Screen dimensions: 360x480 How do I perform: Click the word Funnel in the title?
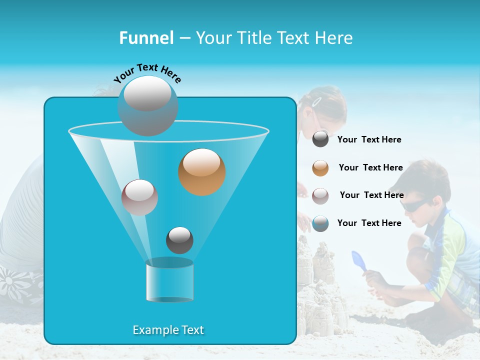click(146, 38)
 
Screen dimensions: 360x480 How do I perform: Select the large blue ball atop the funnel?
click(148, 105)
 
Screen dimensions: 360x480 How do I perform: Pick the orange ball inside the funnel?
click(202, 172)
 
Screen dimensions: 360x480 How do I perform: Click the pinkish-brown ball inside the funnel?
click(139, 197)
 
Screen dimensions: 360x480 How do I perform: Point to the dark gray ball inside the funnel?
click(179, 240)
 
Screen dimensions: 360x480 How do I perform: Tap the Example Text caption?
click(168, 330)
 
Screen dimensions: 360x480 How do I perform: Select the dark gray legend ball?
click(320, 139)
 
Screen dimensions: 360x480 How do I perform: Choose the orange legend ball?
click(320, 168)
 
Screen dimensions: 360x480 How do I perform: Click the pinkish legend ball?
click(320, 195)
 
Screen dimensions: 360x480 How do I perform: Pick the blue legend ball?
click(320, 223)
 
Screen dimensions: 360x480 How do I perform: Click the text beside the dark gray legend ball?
click(369, 139)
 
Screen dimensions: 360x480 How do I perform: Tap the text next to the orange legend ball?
click(370, 167)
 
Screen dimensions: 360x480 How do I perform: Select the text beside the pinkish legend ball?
click(371, 195)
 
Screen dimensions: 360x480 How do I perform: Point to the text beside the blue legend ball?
click(369, 223)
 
